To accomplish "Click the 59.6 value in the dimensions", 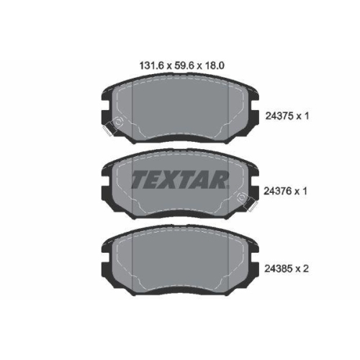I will point(179,64).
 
